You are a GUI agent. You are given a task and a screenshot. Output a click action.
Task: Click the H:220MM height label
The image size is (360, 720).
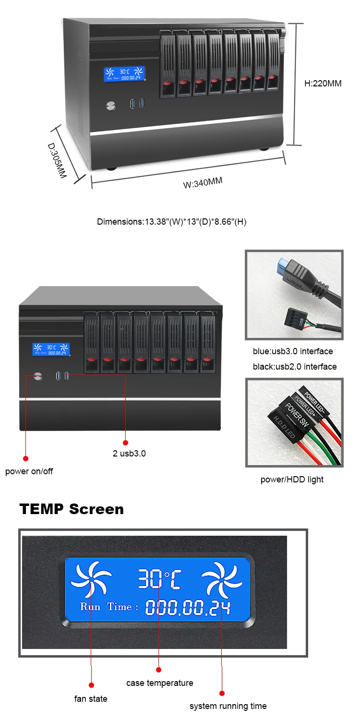coord(323,83)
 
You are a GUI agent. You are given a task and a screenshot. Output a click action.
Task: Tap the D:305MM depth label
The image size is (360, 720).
coord(57,160)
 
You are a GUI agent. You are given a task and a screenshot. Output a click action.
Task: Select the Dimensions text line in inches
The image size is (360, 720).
coord(171,222)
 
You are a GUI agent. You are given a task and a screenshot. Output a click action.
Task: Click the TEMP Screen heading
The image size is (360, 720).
coord(72,509)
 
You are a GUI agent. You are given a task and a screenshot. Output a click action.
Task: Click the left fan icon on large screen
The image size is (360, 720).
coord(91,580)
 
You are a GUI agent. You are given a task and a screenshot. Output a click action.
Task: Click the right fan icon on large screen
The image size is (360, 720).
coord(221,580)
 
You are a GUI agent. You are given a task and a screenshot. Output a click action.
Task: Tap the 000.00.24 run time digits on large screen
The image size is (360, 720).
coord(188,608)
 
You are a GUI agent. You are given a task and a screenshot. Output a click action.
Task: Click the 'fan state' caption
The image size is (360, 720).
coord(91,699)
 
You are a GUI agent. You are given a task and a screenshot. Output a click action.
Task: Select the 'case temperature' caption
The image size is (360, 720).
coord(159,683)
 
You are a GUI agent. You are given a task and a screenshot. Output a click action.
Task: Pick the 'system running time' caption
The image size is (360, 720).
coord(228,706)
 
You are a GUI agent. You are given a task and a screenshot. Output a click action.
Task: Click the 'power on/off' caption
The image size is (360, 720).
coord(29,471)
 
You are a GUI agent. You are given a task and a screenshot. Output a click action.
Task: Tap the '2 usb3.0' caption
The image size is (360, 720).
coord(129,453)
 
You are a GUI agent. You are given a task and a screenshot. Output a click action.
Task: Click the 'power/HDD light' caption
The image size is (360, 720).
coord(292,480)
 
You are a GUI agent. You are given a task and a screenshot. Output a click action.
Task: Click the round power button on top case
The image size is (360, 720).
coord(111,105)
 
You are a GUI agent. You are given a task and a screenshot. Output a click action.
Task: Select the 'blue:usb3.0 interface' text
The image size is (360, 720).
coord(293,351)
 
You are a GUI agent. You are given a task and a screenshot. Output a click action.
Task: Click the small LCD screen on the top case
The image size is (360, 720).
coord(125,74)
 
